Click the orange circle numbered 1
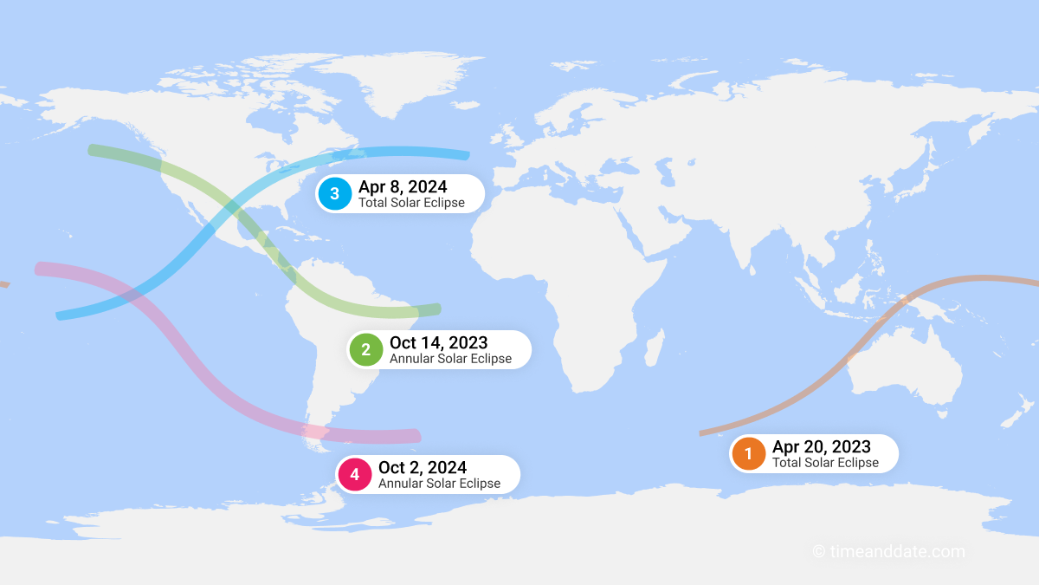pyautogui.click(x=748, y=453)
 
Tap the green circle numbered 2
pyautogui.click(x=365, y=349)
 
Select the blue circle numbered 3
pyautogui.click(x=334, y=193)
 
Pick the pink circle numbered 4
pyautogui.click(x=354, y=474)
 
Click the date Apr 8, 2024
pyautogui.click(x=403, y=186)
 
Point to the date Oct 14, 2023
pyautogui.click(x=438, y=342)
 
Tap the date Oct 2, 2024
pyautogui.click(x=423, y=468)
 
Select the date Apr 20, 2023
pyautogui.click(x=821, y=446)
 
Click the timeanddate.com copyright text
pyautogui.click(x=888, y=551)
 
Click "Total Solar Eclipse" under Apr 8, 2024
pyautogui.click(x=411, y=203)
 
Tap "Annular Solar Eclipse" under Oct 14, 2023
pyautogui.click(x=450, y=359)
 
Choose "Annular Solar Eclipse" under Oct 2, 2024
pyautogui.click(x=439, y=484)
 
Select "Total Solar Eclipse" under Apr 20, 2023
pyautogui.click(x=825, y=463)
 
